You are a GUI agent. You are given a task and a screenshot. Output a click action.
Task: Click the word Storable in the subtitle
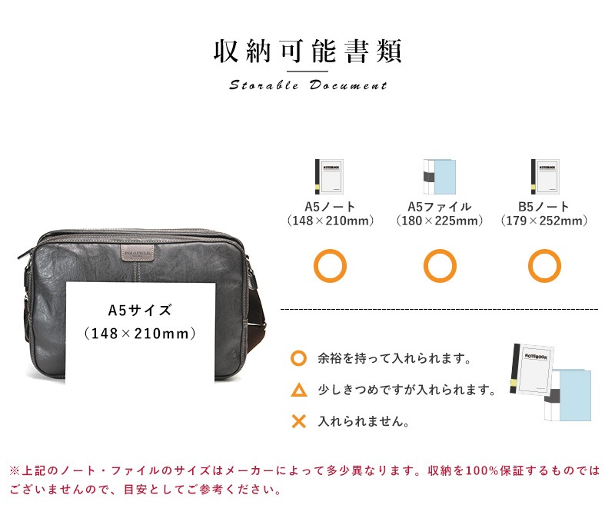(x=264, y=85)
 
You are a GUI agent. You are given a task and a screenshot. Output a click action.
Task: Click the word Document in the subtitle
(x=348, y=85)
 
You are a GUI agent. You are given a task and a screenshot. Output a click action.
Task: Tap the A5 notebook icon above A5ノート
(x=329, y=177)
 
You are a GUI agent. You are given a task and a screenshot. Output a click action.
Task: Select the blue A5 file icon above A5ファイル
(x=439, y=177)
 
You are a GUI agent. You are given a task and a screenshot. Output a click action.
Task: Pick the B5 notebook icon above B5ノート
(x=545, y=177)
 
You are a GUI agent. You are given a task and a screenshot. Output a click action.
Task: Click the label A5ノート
(x=330, y=206)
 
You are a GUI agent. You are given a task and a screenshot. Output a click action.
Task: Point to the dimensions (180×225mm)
(x=439, y=221)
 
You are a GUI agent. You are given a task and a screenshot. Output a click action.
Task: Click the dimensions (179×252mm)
(x=544, y=221)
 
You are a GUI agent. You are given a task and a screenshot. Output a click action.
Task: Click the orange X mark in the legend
(x=299, y=421)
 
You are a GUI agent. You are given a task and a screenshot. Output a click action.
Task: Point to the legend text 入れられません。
(x=364, y=421)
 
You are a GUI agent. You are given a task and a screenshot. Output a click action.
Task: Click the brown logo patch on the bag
(x=138, y=253)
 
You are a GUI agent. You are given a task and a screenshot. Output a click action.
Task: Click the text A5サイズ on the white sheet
(x=140, y=311)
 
